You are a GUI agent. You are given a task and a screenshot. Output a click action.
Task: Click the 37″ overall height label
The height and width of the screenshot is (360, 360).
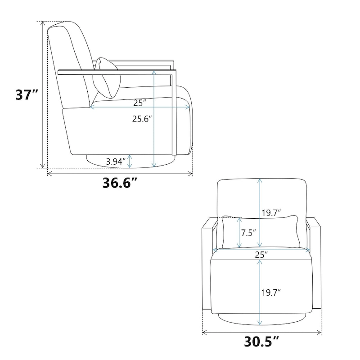[27, 94]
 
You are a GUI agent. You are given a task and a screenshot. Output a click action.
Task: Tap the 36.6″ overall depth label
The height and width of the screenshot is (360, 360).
[120, 183]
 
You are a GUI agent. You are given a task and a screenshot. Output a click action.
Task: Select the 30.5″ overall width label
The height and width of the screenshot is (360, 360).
[261, 342]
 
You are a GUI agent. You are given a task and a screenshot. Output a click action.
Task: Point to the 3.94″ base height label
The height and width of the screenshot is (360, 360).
[116, 162]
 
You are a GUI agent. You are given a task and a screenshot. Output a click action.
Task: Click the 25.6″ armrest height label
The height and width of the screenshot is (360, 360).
[142, 119]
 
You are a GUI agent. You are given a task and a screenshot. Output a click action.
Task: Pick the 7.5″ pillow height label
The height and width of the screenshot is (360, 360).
[248, 233]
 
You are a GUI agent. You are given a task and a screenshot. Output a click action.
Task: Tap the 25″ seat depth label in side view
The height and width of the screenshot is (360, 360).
[140, 103]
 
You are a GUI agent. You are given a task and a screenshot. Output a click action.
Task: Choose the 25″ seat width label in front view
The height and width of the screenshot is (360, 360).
[261, 255]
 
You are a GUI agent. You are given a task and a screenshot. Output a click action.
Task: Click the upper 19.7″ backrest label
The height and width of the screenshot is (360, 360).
[271, 213]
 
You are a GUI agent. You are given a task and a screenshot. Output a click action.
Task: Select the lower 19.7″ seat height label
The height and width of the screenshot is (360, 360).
[271, 293]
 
